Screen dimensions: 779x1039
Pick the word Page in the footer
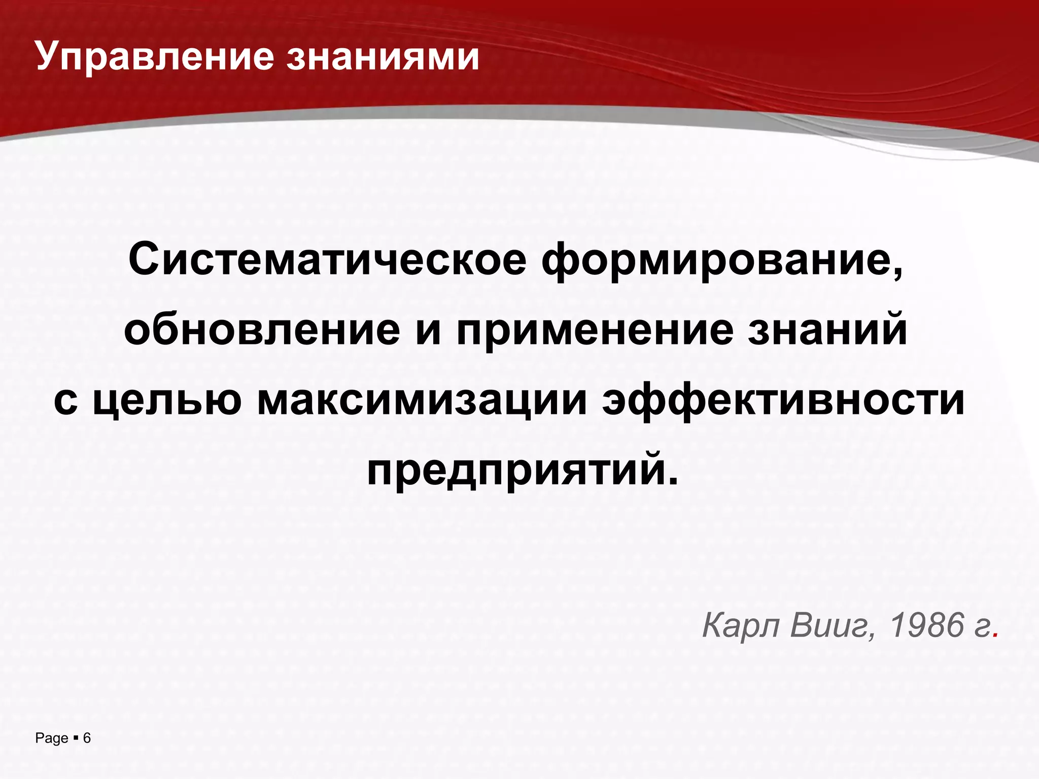click(x=52, y=738)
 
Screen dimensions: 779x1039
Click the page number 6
click(x=87, y=738)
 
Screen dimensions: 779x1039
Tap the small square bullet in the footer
click(x=76, y=738)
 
